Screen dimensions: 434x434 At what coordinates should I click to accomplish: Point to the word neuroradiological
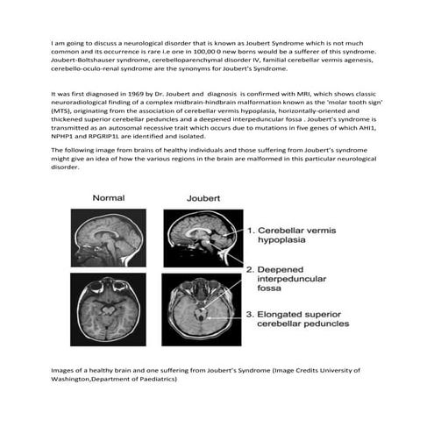point(87,101)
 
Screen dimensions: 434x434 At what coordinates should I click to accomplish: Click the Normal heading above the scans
point(110,197)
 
